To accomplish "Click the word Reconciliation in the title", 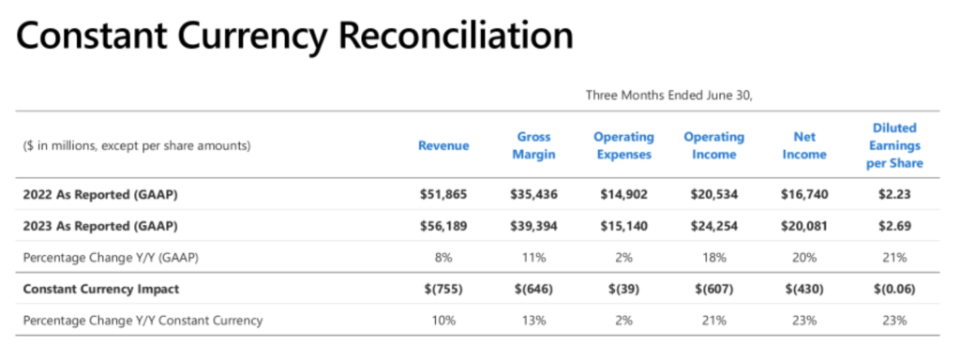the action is click(x=456, y=37).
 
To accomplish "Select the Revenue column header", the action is click(x=443, y=145).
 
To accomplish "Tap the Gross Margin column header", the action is click(x=533, y=145).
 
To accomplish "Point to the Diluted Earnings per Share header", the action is click(x=894, y=145).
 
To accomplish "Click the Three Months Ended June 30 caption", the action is click(x=668, y=95).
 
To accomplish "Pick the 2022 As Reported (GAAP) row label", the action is click(x=100, y=195).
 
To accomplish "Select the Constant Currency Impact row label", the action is click(x=101, y=289).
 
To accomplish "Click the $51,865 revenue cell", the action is click(x=443, y=195).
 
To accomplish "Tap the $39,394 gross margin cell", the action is click(x=533, y=226).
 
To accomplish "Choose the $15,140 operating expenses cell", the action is click(x=623, y=226).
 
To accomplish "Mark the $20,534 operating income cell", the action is click(x=713, y=195).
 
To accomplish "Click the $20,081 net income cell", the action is click(x=804, y=226).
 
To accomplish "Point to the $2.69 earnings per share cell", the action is click(x=894, y=226).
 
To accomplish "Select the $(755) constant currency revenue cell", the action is click(x=443, y=289).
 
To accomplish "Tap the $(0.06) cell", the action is click(x=894, y=289).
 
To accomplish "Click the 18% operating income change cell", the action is click(x=713, y=258).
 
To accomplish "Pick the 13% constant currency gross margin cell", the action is click(x=533, y=321).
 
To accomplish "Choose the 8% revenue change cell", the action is click(x=443, y=258).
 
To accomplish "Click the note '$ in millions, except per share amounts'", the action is click(x=137, y=146).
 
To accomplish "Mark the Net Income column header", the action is click(x=804, y=145).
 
